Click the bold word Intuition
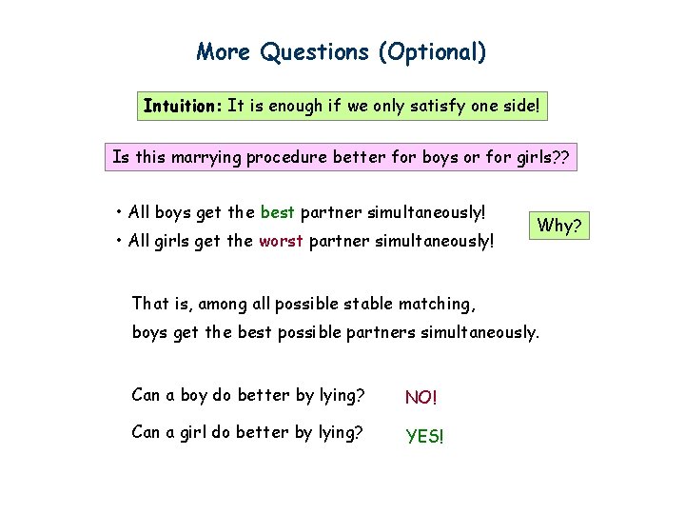coord(182,106)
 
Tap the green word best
coord(277,210)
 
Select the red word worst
coord(281,241)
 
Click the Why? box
coord(559,226)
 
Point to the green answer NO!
coord(421,397)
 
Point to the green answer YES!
coord(424,436)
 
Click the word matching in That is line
coord(439,305)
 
